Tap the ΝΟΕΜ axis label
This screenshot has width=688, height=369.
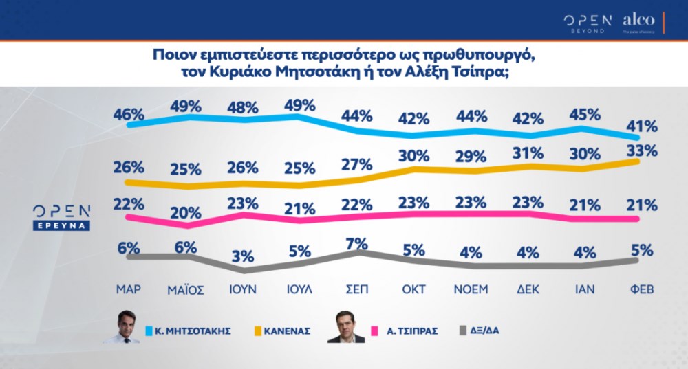coord(471,289)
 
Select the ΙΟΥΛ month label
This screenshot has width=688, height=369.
coord(299,289)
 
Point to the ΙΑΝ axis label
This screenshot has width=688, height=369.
coord(585,289)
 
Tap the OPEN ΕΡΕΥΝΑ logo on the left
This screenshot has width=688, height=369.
coord(63,217)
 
